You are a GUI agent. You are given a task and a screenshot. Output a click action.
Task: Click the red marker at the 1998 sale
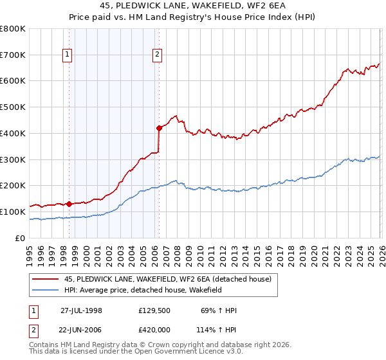(69, 204)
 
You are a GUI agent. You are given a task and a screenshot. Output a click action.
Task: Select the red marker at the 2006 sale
(159, 128)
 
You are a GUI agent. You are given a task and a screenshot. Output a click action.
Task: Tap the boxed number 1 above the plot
(68, 55)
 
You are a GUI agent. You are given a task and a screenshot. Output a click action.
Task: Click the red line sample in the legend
(46, 279)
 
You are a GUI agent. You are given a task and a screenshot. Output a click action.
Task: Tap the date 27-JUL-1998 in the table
(81, 310)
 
